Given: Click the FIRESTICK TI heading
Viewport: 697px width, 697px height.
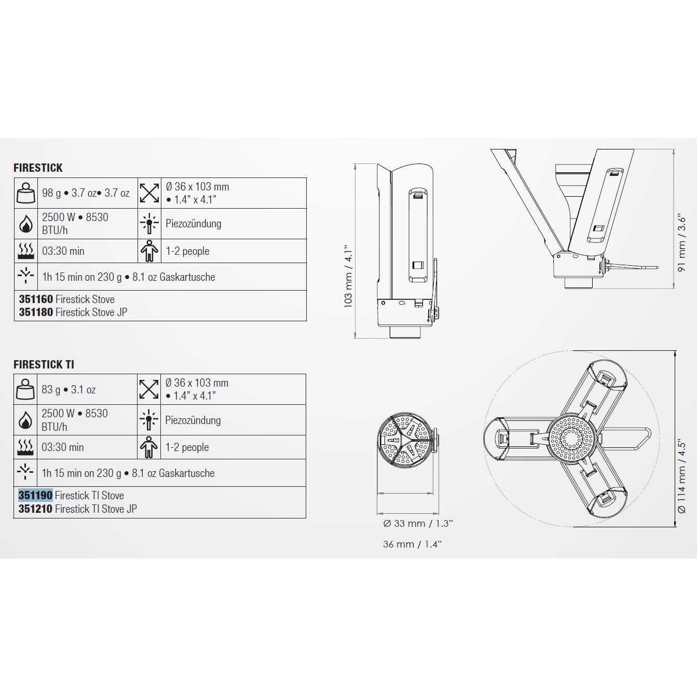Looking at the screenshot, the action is (44, 364).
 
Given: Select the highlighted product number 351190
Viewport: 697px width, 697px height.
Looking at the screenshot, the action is (35, 495).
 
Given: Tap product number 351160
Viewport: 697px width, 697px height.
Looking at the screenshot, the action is (36, 299).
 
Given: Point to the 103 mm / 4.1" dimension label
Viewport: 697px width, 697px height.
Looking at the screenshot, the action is (348, 276).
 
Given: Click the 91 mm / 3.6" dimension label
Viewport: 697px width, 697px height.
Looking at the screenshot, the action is (681, 242).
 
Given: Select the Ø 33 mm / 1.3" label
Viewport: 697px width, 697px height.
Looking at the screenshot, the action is (418, 523).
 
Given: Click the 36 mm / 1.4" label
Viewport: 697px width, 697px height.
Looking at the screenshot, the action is (413, 544).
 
